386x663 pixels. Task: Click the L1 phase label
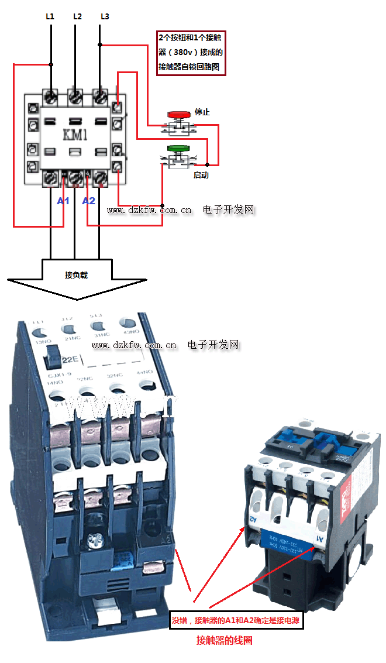pos(50,16)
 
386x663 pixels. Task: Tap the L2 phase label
pos(77,16)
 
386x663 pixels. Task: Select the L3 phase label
pos(105,16)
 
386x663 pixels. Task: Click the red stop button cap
pos(178,114)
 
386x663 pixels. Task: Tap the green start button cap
pos(178,149)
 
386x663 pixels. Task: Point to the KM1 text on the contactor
pos(75,135)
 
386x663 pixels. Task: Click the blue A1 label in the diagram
pos(63,201)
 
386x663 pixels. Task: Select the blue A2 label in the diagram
pos(88,201)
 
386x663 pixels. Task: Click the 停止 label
pos(202,112)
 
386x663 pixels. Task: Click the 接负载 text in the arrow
pos(76,274)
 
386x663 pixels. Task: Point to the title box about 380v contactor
pos(191,52)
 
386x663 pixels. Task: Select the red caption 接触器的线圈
pos(225,640)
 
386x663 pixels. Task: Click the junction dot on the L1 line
pos(51,64)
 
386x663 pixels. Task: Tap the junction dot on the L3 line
pos(100,44)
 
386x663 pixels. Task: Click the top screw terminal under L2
pos(75,95)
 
